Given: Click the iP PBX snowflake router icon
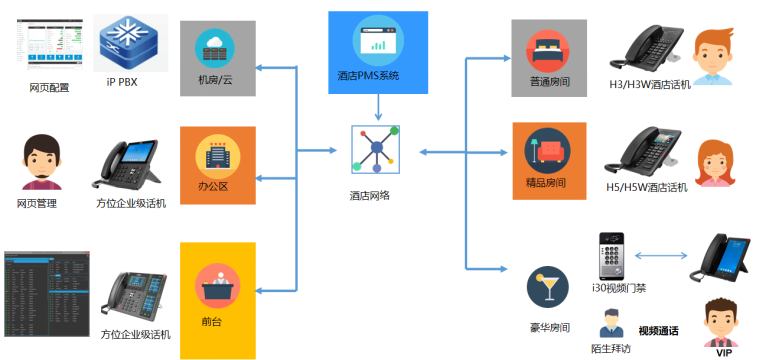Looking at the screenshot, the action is click(131, 42).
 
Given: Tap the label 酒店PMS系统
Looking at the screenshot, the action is click(368, 76).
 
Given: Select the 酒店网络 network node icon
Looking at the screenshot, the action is click(376, 149).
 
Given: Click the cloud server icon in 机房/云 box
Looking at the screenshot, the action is click(214, 48).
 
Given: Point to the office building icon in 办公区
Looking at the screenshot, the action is click(217, 154).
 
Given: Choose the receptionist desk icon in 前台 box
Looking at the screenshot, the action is click(217, 287).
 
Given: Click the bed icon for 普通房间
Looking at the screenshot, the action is click(547, 51).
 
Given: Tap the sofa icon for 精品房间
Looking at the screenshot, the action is click(547, 150).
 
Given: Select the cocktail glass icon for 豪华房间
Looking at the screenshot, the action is click(547, 287).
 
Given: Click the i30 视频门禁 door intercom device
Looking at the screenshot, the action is click(611, 256).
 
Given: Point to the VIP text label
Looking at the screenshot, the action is click(724, 353).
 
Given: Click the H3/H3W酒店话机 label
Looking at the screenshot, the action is click(650, 85).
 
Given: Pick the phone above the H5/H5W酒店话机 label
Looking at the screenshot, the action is click(643, 152).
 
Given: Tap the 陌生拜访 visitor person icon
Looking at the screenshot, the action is click(611, 323).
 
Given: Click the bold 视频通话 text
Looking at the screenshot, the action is click(658, 331).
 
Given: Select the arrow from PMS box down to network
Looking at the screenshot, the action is click(378, 107).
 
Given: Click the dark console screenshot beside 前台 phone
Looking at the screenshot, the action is click(47, 294).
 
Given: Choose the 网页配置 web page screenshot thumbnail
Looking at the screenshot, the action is click(50, 42).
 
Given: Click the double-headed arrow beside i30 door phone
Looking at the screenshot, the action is click(660, 255).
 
